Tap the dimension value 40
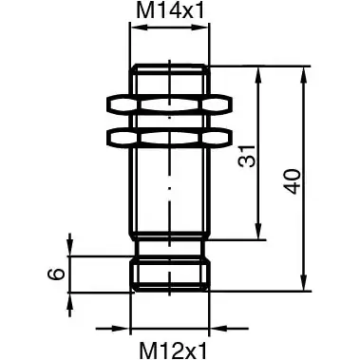coord(293,180)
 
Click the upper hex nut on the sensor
coord(169,103)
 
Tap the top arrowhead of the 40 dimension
coord(305,72)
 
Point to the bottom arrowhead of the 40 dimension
coord(305,284)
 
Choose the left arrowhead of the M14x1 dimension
coord(134,31)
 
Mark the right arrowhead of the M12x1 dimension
coord(204,323)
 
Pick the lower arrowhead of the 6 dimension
coord(70,297)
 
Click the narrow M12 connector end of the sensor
coord(169,274)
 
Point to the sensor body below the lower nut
coord(169,190)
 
